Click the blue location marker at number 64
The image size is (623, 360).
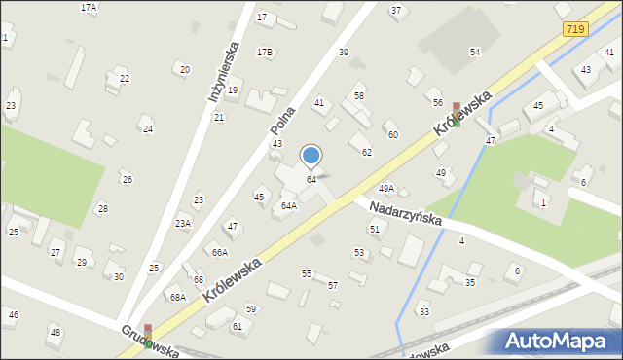tap(311, 155)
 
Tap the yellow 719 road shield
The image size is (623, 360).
tap(573, 32)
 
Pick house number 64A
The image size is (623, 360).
tap(289, 205)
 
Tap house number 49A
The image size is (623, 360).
tap(386, 188)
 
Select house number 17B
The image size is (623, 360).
tap(265, 52)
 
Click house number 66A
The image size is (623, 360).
tap(220, 252)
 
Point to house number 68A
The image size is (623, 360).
tap(177, 297)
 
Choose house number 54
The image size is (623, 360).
tap(475, 52)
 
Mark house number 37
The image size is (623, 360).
tap(395, 10)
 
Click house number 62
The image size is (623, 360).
tap(367, 152)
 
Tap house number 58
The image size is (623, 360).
tap(359, 95)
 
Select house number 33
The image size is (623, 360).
tap(423, 311)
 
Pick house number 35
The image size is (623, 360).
tap(470, 282)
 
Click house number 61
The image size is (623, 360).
tap(238, 326)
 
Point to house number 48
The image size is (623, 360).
tap(55, 332)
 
